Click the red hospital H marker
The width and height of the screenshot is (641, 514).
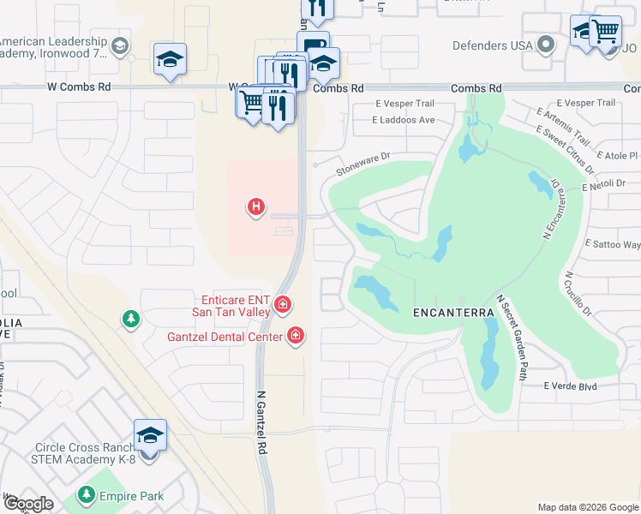coord(255,206)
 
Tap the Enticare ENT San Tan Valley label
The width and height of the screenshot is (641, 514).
coord(236,306)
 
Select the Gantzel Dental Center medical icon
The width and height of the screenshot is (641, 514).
coord(296,336)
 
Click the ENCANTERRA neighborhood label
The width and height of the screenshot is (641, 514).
coord(454,313)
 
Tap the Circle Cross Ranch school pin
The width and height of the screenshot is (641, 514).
coord(150,436)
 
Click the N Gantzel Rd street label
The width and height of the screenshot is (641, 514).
coord(261,423)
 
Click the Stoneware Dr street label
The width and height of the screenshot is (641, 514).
coord(362,164)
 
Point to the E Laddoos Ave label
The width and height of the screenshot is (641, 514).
coord(403,120)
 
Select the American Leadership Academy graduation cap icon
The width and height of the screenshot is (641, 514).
coord(120,45)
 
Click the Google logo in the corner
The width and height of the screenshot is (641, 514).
coord(28,504)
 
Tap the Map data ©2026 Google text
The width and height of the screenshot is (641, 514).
coord(588,507)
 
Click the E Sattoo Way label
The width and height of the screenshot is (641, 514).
coord(612,244)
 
